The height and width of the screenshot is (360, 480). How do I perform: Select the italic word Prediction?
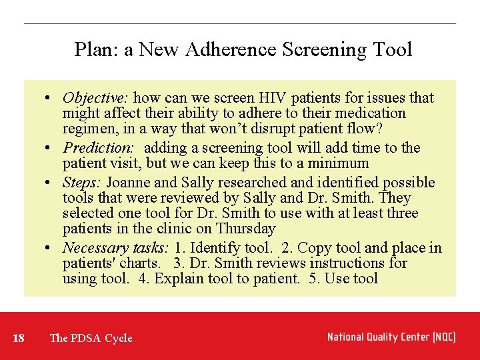[98, 148]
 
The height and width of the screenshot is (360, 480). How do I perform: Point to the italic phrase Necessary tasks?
[115, 248]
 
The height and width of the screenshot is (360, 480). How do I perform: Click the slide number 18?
[19, 338]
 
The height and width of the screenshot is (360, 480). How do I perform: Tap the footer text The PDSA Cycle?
[91, 338]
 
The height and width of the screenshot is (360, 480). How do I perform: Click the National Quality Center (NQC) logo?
[391, 337]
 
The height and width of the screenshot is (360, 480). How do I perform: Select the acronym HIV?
[272, 98]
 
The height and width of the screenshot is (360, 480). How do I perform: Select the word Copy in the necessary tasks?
[314, 248]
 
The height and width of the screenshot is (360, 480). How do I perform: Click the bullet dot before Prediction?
[51, 148]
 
